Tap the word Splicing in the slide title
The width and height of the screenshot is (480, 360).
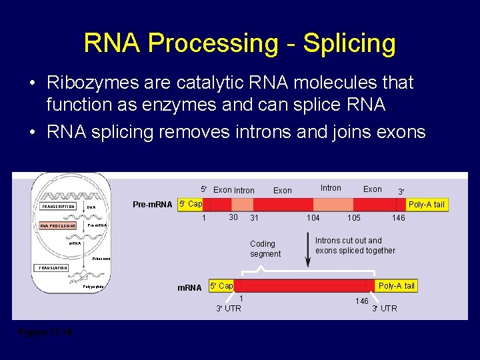point(349,44)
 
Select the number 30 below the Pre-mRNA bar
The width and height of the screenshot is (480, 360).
point(233,217)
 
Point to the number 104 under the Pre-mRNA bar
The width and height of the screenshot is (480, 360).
point(313,218)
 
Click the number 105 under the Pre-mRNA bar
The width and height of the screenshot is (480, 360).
point(354,218)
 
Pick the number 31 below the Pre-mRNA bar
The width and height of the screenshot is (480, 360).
point(254,218)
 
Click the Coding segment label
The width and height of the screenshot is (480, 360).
point(265,249)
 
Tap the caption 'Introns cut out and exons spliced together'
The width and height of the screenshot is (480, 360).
point(355,245)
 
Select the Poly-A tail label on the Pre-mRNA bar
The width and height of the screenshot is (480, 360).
point(426,204)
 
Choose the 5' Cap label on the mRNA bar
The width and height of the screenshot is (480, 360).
point(221,286)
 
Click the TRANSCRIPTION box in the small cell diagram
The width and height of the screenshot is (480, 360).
point(59,207)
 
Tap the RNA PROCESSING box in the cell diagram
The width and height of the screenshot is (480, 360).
point(59,226)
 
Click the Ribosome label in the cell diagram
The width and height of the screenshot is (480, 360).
point(101,258)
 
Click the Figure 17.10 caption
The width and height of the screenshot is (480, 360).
point(45,331)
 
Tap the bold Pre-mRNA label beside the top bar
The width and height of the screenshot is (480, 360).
point(153,204)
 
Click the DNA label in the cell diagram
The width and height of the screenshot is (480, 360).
point(91,207)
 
